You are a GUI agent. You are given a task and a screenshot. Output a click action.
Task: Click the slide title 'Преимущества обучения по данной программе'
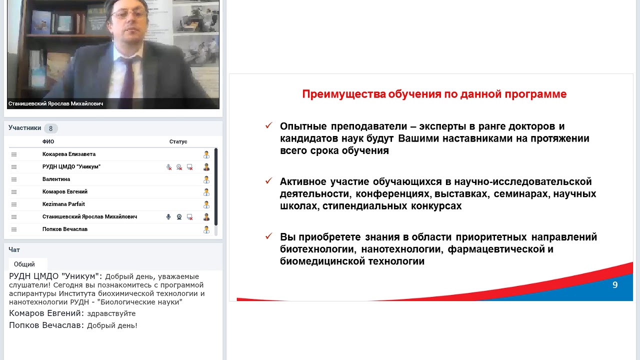[434, 94]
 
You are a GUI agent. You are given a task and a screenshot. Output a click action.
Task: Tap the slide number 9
[615, 285]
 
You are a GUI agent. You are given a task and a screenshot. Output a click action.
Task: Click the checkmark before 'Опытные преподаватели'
[268, 125]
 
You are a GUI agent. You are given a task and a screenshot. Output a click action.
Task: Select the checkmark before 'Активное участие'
[268, 180]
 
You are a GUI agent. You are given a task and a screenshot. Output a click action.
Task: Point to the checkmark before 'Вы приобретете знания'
[268, 236]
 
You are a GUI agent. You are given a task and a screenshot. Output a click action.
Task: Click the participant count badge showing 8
[50, 128]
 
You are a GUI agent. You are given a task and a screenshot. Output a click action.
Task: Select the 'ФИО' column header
[48, 141]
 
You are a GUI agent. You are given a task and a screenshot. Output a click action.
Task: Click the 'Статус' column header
[178, 141]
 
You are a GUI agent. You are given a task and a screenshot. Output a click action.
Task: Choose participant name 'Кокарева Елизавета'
[69, 154]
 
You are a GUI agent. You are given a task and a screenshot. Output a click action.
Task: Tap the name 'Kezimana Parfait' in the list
[63, 204]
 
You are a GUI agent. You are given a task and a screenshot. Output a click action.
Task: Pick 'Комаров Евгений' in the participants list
[65, 191]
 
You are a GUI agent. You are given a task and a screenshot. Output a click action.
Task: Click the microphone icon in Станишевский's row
[168, 217]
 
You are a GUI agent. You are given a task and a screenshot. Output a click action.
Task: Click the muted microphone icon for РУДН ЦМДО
[169, 167]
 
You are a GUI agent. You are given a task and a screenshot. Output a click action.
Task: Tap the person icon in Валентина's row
[206, 179]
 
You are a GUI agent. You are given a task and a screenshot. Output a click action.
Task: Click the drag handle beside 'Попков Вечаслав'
[14, 229]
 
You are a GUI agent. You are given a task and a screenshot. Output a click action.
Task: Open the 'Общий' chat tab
[24, 264]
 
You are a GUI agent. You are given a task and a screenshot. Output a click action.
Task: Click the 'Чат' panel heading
[14, 249]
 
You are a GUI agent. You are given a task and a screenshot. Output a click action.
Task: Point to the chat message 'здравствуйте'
[111, 313]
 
